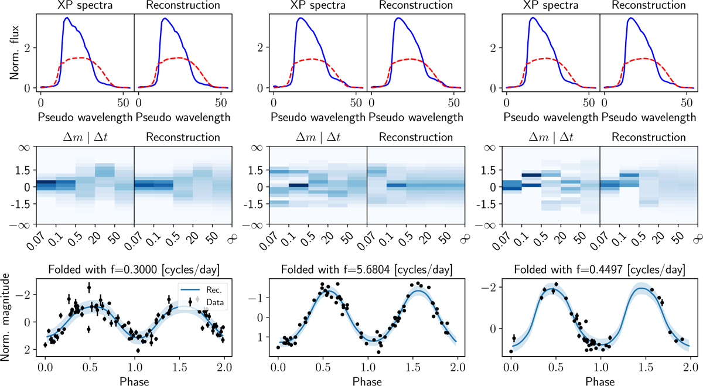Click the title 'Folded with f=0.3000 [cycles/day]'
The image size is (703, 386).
click(134, 270)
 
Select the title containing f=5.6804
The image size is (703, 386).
click(366, 270)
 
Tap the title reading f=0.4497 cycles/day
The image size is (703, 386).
click(599, 270)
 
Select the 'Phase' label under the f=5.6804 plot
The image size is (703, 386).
click(366, 381)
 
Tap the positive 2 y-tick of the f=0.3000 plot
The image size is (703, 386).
click(26, 350)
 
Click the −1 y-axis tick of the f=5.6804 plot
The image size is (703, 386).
click(259, 297)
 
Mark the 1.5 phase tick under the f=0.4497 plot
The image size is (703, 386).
click(645, 367)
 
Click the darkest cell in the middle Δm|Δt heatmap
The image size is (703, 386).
click(299, 186)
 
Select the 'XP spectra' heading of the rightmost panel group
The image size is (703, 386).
click(551, 6)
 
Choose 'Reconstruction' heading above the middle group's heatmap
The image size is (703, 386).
click(416, 138)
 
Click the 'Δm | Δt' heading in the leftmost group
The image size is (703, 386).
click(85, 138)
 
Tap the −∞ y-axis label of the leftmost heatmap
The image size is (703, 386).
click(22, 225)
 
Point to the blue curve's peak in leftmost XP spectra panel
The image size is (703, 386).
click(67, 18)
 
